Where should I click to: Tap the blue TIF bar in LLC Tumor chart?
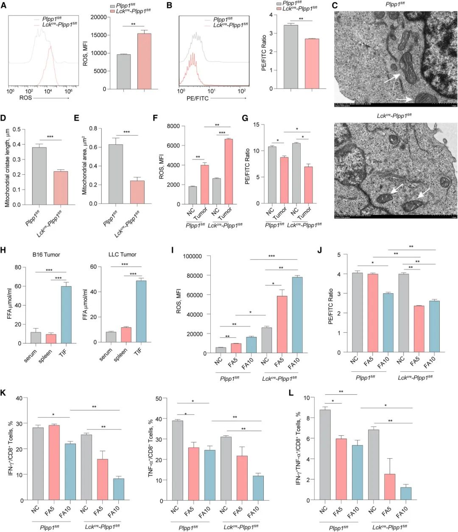[141, 311]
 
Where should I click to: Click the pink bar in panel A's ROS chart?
[144, 61]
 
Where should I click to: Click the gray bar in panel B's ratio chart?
[290, 57]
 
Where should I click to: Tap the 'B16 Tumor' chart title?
[45, 255]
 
